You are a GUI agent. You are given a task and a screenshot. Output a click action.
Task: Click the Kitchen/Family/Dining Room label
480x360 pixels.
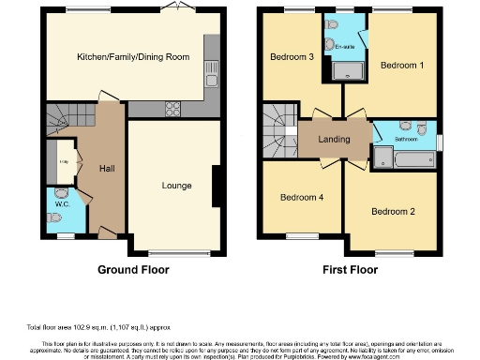click(x=133, y=57)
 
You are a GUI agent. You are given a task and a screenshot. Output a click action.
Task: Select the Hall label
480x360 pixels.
click(x=108, y=169)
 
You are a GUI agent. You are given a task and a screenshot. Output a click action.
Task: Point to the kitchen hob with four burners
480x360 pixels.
click(x=173, y=106)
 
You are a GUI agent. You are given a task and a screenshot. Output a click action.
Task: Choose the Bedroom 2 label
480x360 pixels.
click(x=393, y=212)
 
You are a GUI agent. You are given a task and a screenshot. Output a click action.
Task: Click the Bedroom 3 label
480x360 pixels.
click(x=292, y=57)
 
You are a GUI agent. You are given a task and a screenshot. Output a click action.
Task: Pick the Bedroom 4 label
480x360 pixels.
click(x=301, y=198)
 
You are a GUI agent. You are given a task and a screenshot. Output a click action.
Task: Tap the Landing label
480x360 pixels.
click(x=334, y=140)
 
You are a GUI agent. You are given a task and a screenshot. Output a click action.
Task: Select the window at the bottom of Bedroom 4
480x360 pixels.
click(x=301, y=235)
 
